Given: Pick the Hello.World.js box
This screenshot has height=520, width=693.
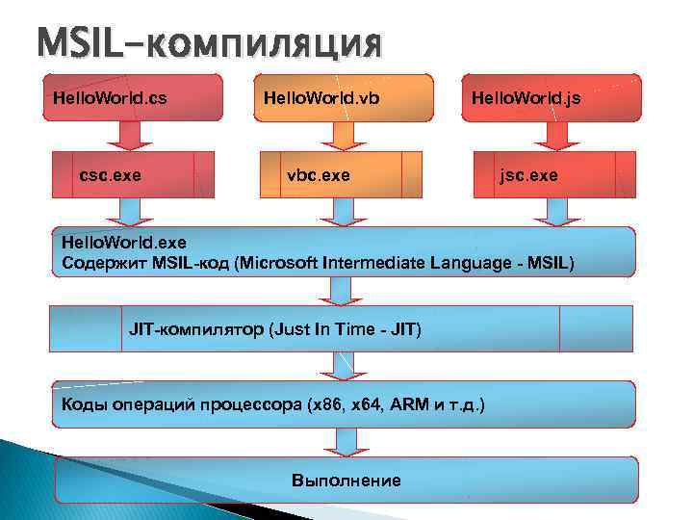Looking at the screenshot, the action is tap(552, 98).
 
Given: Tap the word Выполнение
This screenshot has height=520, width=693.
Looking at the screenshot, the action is tap(346, 480).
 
